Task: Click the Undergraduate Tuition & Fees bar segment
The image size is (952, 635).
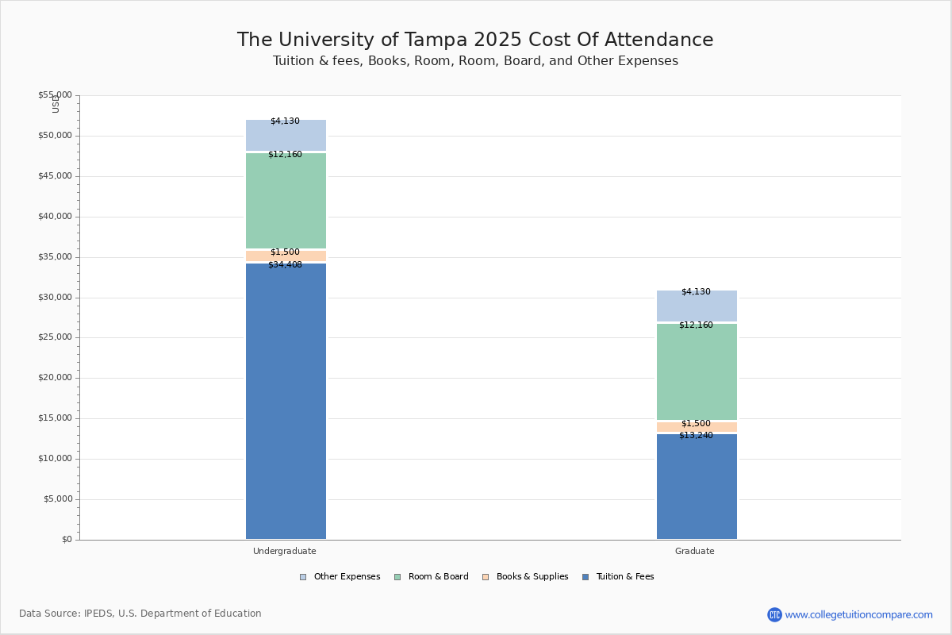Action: click(286, 401)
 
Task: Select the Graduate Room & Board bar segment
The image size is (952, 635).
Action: click(697, 371)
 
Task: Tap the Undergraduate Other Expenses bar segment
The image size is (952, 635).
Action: click(286, 136)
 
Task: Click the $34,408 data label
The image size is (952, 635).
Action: click(285, 265)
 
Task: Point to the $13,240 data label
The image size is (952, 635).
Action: click(696, 436)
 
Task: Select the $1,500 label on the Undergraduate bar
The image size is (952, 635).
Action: click(285, 252)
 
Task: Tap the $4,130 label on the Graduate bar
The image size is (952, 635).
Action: click(696, 292)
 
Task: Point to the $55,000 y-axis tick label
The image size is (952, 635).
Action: click(55, 95)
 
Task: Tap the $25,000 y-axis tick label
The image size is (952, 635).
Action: click(55, 337)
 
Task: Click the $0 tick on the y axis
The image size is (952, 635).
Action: click(66, 540)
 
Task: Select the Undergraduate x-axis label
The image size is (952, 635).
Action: click(285, 551)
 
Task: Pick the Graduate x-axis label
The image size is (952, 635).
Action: click(695, 551)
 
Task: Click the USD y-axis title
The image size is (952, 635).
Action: click(56, 104)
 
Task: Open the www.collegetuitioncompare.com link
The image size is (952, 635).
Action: click(858, 614)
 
